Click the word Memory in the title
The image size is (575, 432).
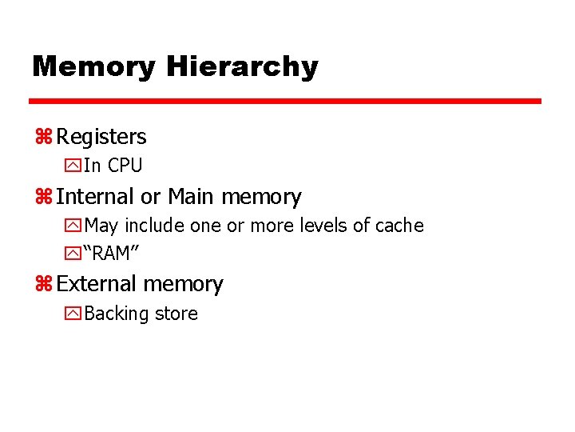93,66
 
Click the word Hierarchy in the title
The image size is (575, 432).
242,67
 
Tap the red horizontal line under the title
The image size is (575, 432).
285,102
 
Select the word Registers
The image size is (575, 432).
101,137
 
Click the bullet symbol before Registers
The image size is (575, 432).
43,137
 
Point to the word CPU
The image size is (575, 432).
125,166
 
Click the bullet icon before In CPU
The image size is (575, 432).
73,166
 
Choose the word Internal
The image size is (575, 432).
95,197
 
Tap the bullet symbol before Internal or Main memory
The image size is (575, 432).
43,197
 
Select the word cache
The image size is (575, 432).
399,226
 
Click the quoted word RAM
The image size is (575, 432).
113,254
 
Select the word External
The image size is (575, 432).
98,284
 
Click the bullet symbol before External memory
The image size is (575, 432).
43,284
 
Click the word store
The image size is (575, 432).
176,314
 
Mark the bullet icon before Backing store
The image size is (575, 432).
73,314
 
